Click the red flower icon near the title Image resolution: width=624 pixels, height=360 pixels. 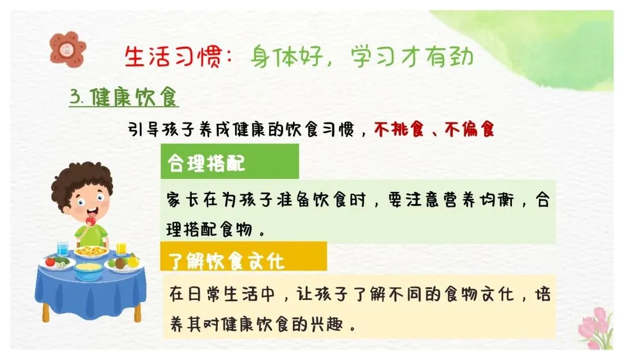(68, 49)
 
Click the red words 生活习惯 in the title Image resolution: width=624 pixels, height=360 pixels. (173, 57)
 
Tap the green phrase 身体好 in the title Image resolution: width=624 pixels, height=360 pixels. (287, 57)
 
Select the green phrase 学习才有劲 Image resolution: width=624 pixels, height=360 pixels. (413, 57)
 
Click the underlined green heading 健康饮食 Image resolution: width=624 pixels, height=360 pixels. (133, 97)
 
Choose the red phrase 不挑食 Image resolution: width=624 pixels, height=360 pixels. (399, 129)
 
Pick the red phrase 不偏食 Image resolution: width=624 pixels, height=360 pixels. (470, 129)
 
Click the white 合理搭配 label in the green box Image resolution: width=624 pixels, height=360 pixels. (206, 163)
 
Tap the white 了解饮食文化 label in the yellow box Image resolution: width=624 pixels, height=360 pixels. (226, 261)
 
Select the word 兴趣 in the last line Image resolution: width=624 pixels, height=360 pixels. (326, 325)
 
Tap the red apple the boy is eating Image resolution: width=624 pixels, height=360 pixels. (91, 221)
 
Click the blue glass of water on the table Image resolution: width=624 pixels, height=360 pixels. (62, 248)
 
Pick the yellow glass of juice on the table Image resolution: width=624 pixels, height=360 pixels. (121, 248)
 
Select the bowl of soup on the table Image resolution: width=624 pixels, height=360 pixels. (88, 271)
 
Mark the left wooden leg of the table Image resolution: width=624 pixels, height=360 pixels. (46, 312)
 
